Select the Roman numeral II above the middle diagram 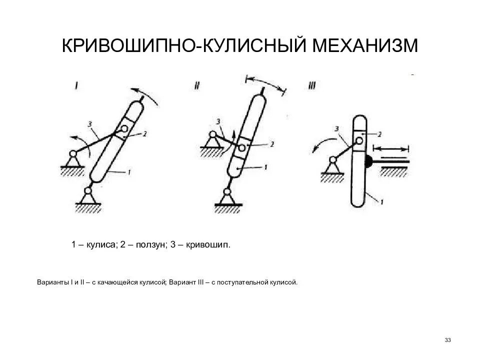coord(196,86)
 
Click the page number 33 coord(447,340)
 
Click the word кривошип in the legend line coord(209,245)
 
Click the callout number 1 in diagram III coord(381,202)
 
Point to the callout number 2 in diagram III coord(380,134)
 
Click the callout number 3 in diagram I coord(89,123)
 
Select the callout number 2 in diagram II coord(271,144)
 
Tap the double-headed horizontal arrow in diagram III coord(391,148)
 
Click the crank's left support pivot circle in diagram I coord(73,154)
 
